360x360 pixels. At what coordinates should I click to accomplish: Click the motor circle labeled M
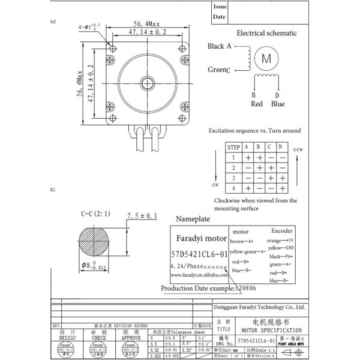coord(265,59)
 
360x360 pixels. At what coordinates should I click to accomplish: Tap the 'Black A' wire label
coord(220,46)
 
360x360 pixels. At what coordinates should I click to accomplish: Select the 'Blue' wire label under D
coord(278,104)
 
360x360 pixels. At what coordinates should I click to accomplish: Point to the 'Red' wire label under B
coord(257,104)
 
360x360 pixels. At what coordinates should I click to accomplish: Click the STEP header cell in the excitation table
coord(233,147)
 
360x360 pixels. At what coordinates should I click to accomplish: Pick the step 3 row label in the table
coord(233,179)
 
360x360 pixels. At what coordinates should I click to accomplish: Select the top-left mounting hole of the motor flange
coord(112,48)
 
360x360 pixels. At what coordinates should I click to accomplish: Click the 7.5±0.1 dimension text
coord(142,215)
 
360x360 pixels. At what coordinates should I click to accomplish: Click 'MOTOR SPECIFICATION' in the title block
coord(272,331)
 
